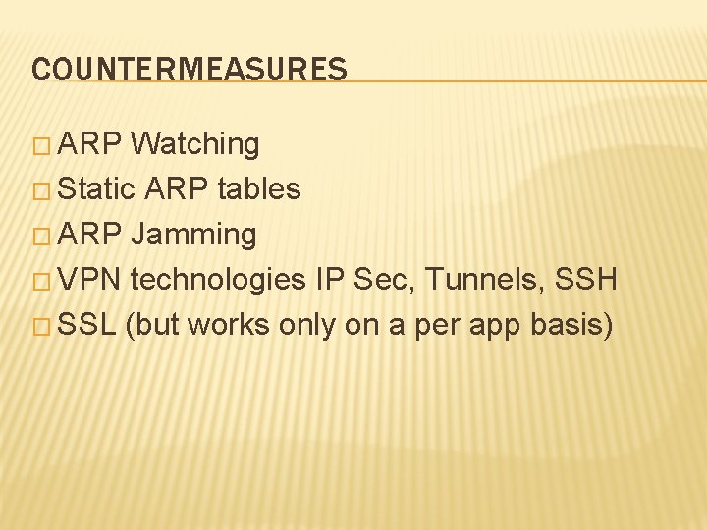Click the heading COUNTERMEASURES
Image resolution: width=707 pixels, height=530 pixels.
click(x=190, y=70)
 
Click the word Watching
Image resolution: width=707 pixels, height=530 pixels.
click(x=194, y=144)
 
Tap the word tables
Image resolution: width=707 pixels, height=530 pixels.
click(x=258, y=188)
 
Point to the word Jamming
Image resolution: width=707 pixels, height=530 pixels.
click(x=192, y=235)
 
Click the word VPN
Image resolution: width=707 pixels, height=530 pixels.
click(x=90, y=280)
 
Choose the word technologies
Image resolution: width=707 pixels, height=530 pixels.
click(x=218, y=280)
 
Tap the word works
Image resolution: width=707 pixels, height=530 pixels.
click(x=229, y=325)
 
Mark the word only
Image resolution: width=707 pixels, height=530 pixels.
click(x=306, y=325)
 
